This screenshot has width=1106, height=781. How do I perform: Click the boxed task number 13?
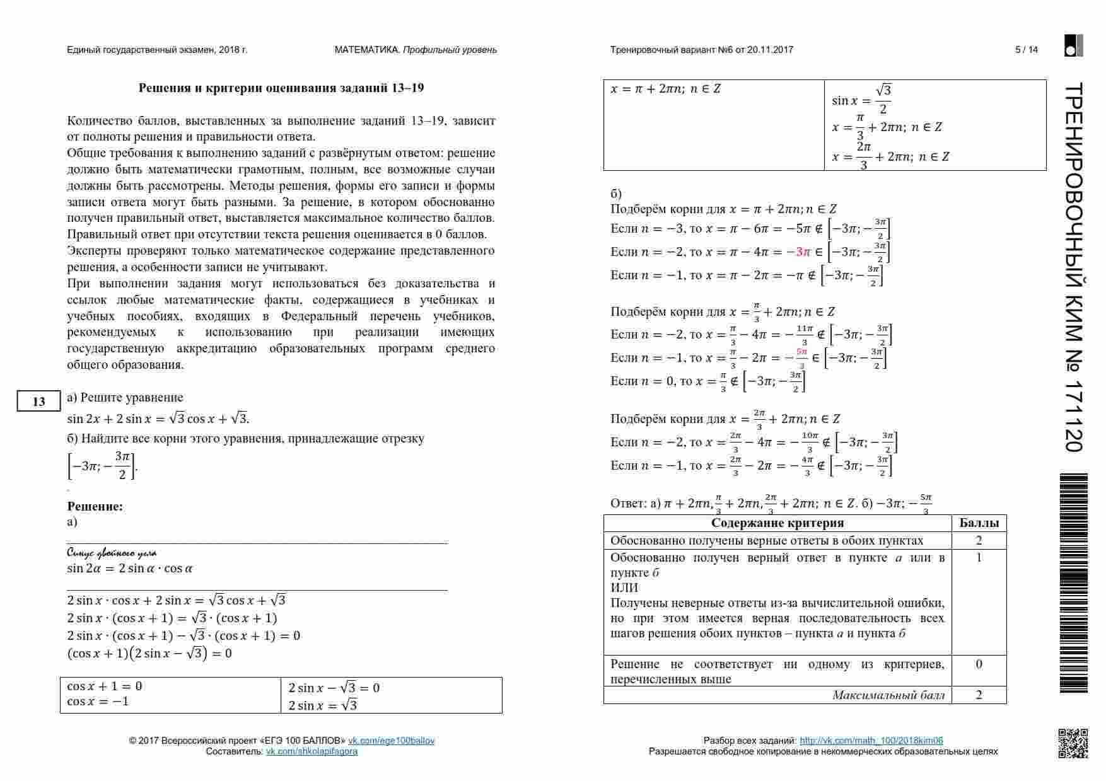click(38, 402)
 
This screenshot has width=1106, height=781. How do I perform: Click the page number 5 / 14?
click(1026, 50)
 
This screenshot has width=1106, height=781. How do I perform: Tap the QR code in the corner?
click(1073, 743)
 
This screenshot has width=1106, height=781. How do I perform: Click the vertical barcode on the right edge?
click(1073, 583)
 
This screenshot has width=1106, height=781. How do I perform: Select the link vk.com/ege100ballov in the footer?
click(392, 741)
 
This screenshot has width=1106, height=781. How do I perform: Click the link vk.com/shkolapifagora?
click(311, 751)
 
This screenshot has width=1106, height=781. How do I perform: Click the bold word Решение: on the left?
click(95, 506)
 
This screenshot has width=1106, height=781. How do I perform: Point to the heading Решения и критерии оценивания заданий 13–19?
click(281, 88)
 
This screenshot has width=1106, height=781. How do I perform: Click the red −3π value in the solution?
click(798, 252)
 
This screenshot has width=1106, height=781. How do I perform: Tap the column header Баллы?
click(979, 523)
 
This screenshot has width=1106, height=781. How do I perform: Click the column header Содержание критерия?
click(777, 523)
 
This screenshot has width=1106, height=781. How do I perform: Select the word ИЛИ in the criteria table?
click(624, 587)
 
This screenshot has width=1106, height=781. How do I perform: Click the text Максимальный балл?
click(888, 695)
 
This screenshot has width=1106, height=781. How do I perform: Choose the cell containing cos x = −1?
click(98, 702)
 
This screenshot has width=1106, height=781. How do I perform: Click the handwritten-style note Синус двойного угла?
click(112, 553)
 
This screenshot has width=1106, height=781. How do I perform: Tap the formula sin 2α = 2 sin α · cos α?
click(130, 569)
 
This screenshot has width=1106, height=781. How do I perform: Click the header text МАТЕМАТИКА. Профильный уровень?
click(416, 50)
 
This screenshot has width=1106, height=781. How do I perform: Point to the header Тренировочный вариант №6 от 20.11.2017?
click(701, 50)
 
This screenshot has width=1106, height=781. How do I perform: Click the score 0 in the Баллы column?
click(979, 664)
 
